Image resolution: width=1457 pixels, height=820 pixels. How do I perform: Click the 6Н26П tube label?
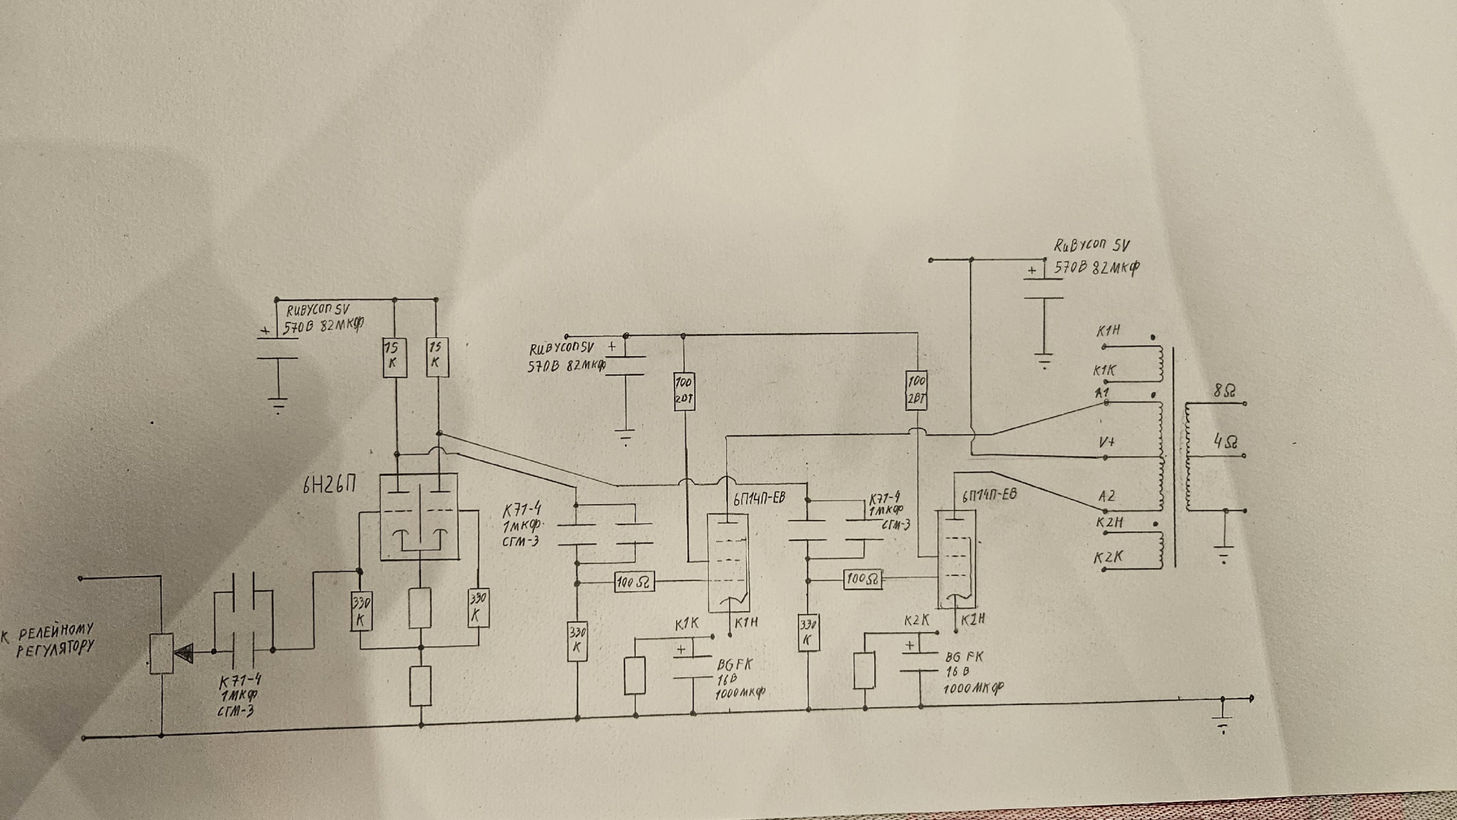pos(329,485)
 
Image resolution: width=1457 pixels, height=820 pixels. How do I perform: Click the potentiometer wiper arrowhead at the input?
pos(184,653)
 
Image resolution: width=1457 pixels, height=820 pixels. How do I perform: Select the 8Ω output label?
pos(1225,391)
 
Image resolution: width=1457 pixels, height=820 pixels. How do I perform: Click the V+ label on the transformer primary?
pos(1107,442)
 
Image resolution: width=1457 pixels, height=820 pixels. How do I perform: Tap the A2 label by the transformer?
pos(1107,496)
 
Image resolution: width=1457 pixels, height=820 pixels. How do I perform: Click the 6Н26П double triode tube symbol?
pos(419,516)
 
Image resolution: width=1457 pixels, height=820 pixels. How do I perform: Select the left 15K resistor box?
pos(394,357)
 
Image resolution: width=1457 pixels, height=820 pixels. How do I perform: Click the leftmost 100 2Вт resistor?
pos(684,390)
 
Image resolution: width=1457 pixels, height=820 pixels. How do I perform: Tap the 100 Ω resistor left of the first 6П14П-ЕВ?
pos(633,582)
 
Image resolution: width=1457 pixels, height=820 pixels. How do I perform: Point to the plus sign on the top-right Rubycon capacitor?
pos(1032,270)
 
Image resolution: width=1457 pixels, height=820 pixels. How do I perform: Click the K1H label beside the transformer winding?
pos(1108,331)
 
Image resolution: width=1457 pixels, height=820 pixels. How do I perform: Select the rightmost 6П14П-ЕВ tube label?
pos(989,496)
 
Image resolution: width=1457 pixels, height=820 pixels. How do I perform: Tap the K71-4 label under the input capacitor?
pos(240,681)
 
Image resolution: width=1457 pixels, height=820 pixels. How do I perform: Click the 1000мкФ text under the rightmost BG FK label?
pos(973,687)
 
